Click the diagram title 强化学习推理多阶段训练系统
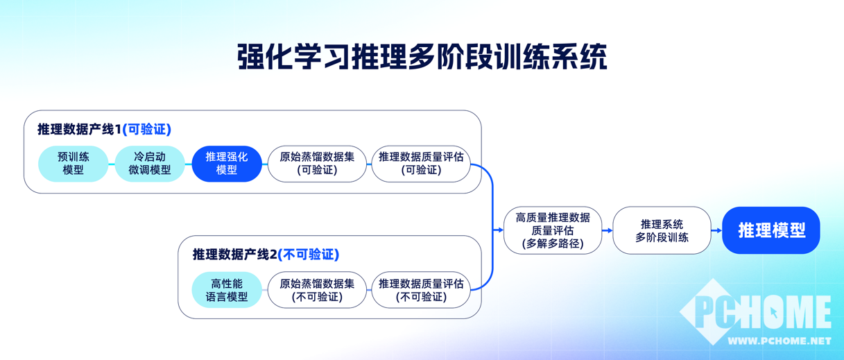pyautogui.click(x=422, y=57)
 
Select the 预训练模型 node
pyautogui.click(x=73, y=164)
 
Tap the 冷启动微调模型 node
pyautogui.click(x=150, y=164)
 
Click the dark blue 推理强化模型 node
pyautogui.click(x=227, y=164)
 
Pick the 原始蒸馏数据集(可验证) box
pyautogui.click(x=317, y=164)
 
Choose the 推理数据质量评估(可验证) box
pyautogui.click(x=421, y=164)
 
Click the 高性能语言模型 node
pyautogui.click(x=227, y=290)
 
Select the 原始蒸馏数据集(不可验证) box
pyautogui.click(x=317, y=290)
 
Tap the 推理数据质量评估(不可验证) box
pyautogui.click(x=421, y=290)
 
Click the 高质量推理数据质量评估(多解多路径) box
pyautogui.click(x=552, y=230)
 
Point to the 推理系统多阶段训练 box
pyautogui.click(x=662, y=230)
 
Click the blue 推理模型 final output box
pyautogui.click(x=771, y=230)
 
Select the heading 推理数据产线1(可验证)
pyautogui.click(x=104, y=129)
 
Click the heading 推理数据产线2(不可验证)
pyautogui.click(x=266, y=255)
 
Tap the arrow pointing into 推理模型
pyautogui.click(x=716, y=230)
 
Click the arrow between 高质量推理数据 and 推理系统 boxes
pyautogui.click(x=608, y=230)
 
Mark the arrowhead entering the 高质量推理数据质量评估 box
pyautogui.click(x=501, y=230)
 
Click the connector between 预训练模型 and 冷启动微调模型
pyautogui.click(x=112, y=164)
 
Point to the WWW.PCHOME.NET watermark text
pyautogui.click(x=780, y=341)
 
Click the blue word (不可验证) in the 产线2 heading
pyautogui.click(x=309, y=255)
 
